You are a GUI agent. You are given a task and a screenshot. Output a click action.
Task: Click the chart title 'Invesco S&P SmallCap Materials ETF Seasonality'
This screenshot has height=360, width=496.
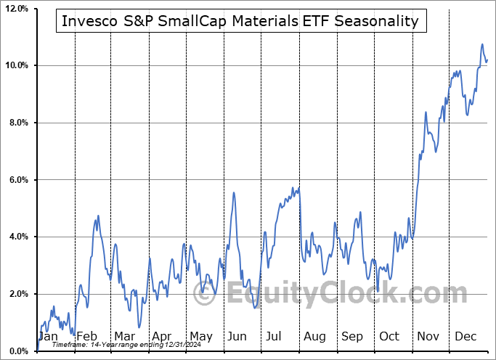pyautogui.click(x=240, y=21)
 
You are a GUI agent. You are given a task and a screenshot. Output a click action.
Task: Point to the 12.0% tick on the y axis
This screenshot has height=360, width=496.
pyautogui.click(x=17, y=9)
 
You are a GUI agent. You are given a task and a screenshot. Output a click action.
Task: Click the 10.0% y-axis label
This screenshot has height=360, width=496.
pyautogui.click(x=17, y=66)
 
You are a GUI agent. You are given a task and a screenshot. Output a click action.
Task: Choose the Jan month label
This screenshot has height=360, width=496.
pyautogui.click(x=48, y=337)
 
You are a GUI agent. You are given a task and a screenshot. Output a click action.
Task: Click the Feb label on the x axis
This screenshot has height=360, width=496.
pyautogui.click(x=86, y=337)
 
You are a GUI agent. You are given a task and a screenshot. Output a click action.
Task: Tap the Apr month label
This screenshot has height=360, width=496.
pyautogui.click(x=162, y=337)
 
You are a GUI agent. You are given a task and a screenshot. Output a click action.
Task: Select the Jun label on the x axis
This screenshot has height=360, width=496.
pyautogui.click(x=237, y=337)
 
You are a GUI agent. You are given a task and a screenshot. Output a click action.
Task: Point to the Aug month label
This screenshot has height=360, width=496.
pyautogui.click(x=314, y=337)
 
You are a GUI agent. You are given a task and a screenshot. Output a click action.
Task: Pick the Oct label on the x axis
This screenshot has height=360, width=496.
pyautogui.click(x=389, y=337)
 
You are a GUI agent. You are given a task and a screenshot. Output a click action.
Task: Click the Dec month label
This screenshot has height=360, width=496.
pyautogui.click(x=466, y=337)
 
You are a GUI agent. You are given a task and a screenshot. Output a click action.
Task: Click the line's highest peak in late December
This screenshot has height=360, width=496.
pyautogui.click(x=482, y=45)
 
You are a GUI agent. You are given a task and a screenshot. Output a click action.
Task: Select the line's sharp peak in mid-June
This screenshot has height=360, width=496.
pyautogui.click(x=233, y=192)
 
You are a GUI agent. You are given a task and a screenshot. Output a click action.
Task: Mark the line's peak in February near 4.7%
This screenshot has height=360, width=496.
pyautogui.click(x=97, y=216)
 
